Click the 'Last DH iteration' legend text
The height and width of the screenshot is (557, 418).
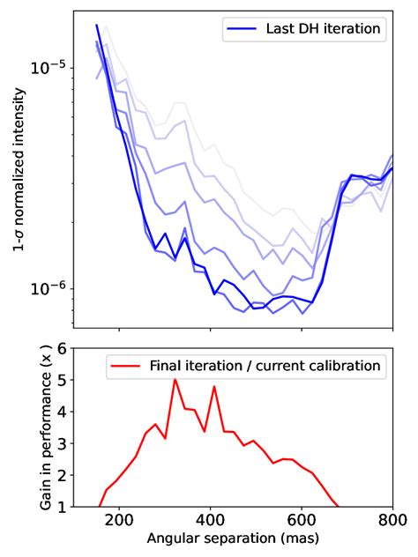[x=323, y=29]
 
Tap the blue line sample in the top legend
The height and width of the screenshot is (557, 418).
[x=241, y=29]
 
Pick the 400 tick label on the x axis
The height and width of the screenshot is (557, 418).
[x=210, y=521]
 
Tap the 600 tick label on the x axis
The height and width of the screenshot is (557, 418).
[x=302, y=521]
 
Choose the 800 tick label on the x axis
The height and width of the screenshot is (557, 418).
[x=392, y=521]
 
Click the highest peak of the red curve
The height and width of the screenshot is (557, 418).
[x=175, y=380]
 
